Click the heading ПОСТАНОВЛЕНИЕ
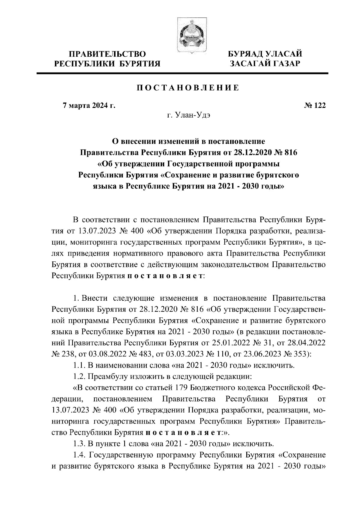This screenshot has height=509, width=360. (188, 88)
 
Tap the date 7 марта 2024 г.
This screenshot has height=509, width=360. (88, 106)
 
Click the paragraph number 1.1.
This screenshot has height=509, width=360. (79, 365)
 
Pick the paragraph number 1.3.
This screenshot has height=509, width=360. (79, 443)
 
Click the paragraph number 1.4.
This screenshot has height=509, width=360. (79, 455)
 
